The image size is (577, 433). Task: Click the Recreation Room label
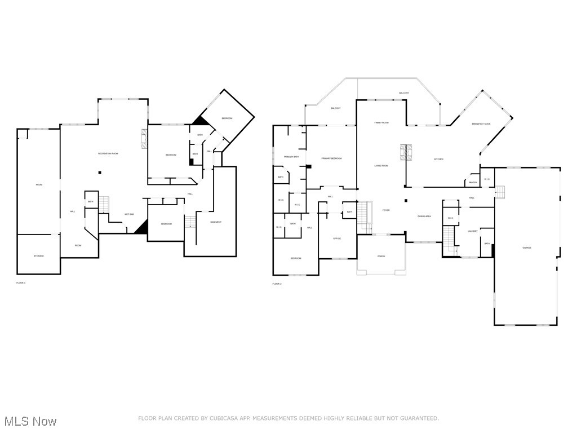pyautogui.click(x=108, y=153)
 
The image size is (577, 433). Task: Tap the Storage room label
pyautogui.click(x=38, y=256)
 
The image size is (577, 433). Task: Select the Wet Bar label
pyautogui.click(x=129, y=214)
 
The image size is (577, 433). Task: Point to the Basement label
pyautogui.click(x=216, y=222)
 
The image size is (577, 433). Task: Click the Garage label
pyautogui.click(x=527, y=248)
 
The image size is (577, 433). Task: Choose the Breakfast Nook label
pyautogui.click(x=481, y=123)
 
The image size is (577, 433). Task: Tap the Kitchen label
pyautogui.click(x=438, y=159)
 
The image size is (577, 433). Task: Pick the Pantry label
pyautogui.click(x=472, y=182)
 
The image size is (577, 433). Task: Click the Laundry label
pyautogui.click(x=473, y=231)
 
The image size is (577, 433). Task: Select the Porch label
pyautogui.click(x=381, y=256)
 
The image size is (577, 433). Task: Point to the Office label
pyautogui.click(x=337, y=238)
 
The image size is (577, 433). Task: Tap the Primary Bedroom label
pyautogui.click(x=332, y=158)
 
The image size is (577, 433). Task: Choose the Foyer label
pyautogui.click(x=386, y=210)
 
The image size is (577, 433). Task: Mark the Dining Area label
pyautogui.click(x=424, y=216)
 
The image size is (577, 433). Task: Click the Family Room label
pyautogui.click(x=381, y=122)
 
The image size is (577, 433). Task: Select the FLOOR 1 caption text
pyautogui.click(x=21, y=282)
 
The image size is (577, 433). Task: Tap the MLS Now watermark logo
pyautogui.click(x=30, y=421)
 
